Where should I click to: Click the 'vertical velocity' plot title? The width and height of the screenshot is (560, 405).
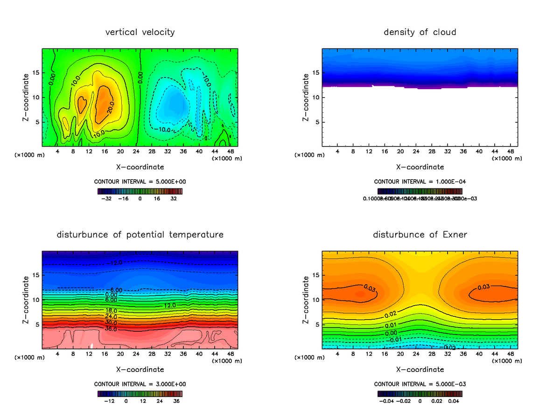[140, 32]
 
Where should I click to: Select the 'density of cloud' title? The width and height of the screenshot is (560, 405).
[420, 32]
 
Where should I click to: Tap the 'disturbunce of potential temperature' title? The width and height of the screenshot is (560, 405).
[140, 234]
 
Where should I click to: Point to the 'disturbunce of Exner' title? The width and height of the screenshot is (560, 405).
[420, 234]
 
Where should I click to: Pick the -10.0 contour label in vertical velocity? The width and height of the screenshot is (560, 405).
[165, 129]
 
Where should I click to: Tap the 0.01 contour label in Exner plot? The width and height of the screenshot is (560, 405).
[390, 325]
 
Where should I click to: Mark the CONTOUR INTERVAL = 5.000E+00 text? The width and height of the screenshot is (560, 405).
[140, 182]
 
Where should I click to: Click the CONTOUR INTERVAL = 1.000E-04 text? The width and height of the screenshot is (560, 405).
[420, 182]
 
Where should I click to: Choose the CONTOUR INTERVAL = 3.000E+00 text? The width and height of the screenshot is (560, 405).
[140, 384]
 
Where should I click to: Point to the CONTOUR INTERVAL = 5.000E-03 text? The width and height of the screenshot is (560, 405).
[420, 384]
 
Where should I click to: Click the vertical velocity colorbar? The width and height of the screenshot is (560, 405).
[140, 191]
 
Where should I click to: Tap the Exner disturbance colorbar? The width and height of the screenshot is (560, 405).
[420, 393]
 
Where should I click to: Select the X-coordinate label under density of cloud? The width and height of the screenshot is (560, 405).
[420, 167]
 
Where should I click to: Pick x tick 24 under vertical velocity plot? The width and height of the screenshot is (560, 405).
[136, 151]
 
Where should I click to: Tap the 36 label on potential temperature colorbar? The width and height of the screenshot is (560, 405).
[176, 401]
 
